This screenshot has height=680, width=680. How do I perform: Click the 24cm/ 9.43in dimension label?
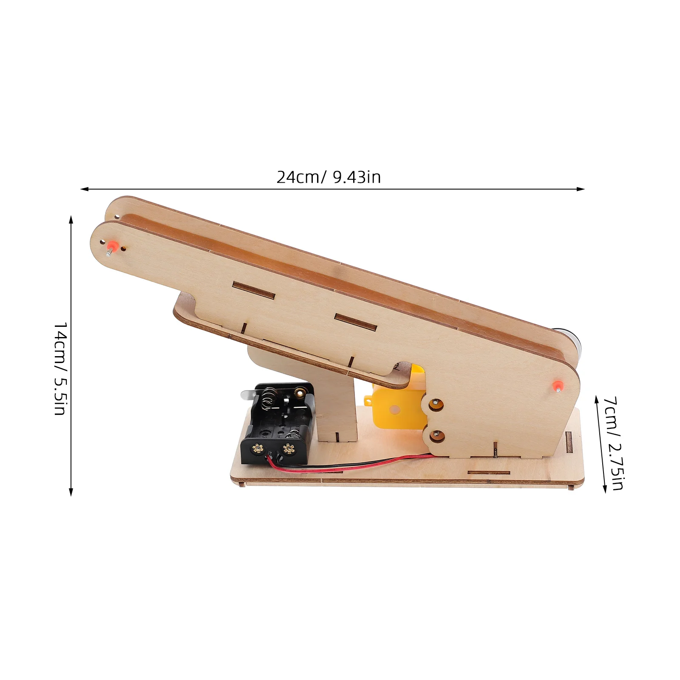[x=329, y=177]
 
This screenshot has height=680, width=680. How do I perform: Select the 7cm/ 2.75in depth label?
[x=614, y=443]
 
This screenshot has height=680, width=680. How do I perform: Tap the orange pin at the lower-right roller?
[x=557, y=386]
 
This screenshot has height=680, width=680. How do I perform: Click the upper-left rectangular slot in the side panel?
[x=253, y=290]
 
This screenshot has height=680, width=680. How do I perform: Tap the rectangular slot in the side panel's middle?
[x=355, y=322]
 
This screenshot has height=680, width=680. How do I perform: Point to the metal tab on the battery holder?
[x=248, y=394]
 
